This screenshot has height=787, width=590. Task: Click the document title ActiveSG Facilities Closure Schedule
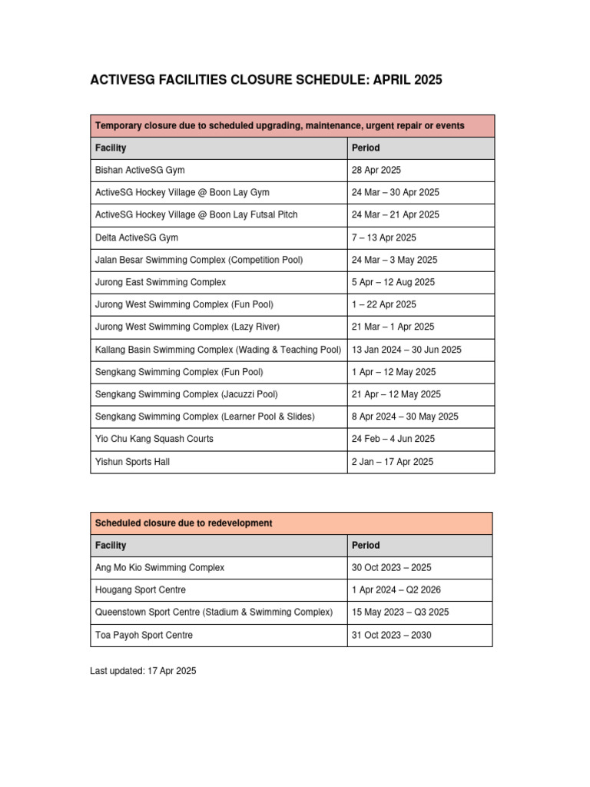tap(266, 80)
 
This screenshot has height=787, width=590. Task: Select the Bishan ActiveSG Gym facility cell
tap(140, 170)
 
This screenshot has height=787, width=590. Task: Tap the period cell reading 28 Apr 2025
tap(376, 170)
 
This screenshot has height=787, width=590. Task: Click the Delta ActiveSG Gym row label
tap(137, 237)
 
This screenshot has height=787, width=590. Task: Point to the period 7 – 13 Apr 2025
tap(384, 237)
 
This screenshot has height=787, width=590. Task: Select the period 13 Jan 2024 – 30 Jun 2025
tap(406, 350)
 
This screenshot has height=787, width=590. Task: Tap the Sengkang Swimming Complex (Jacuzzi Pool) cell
tap(187, 394)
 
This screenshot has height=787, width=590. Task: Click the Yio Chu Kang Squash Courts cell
tap(154, 439)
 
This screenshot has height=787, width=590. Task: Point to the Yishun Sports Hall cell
tap(133, 462)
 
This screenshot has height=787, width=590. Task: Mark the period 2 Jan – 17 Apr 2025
tap(393, 462)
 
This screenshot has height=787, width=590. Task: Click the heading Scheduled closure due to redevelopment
tap(184, 523)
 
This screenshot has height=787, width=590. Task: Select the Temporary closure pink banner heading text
tap(280, 125)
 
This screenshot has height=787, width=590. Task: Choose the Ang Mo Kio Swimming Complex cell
tap(160, 567)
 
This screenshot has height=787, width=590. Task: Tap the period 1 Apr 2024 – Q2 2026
tap(396, 589)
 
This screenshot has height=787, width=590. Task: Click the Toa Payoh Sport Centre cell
tap(144, 635)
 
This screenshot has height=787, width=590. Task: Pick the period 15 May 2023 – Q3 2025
tap(400, 613)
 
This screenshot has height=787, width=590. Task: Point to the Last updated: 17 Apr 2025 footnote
tap(143, 671)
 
